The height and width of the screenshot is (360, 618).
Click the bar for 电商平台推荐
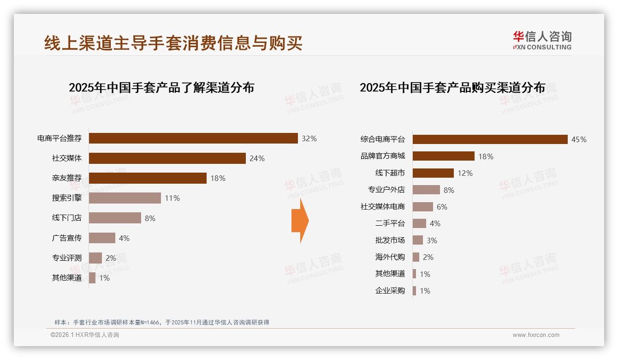[x=193, y=138]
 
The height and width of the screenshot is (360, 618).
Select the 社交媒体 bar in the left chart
[x=167, y=158]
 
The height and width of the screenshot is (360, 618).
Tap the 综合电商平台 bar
[x=490, y=139]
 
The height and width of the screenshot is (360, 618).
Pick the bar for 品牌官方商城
[x=443, y=156]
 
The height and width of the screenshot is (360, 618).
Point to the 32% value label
[x=309, y=138]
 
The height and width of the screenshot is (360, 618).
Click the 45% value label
[x=579, y=139]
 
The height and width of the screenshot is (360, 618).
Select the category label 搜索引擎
[x=67, y=198]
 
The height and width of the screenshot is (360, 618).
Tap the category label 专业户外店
[x=386, y=190]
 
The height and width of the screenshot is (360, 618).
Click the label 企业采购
[x=390, y=291]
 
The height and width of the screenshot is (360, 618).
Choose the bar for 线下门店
[x=115, y=218]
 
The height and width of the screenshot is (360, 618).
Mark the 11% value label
[x=172, y=198]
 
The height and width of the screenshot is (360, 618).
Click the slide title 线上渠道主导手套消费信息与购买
[x=173, y=43]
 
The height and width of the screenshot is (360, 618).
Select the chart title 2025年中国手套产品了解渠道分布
[x=161, y=88]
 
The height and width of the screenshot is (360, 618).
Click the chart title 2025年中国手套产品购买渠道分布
[x=452, y=88]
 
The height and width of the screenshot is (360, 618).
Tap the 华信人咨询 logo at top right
[x=542, y=40]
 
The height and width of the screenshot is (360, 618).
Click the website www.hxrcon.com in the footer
[x=536, y=335]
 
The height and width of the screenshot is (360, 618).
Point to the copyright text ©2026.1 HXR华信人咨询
[x=85, y=335]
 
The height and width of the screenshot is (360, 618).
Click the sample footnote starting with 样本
[x=161, y=322]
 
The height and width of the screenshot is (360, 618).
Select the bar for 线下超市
[x=433, y=173]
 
